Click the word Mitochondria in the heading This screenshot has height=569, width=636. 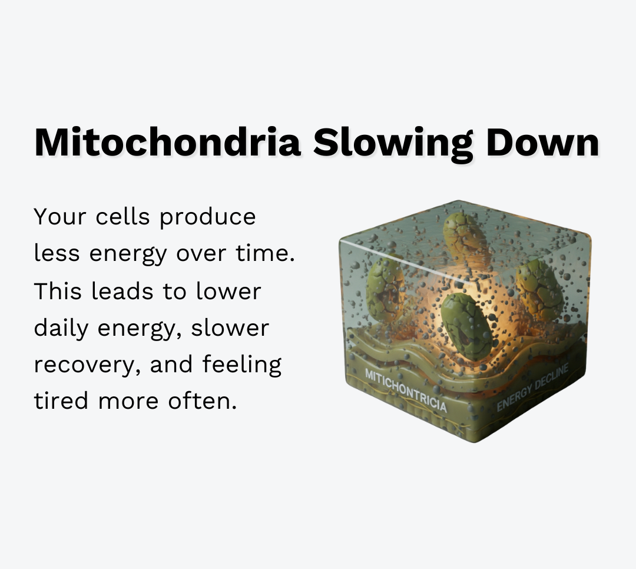(167, 141)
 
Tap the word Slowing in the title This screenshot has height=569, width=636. (393, 145)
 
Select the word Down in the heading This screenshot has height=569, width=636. (543, 141)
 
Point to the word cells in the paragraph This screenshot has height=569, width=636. (123, 216)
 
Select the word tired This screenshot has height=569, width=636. (61, 400)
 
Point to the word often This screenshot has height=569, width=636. (203, 400)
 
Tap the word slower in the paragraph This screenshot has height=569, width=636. (230, 328)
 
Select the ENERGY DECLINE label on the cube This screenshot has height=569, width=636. (532, 387)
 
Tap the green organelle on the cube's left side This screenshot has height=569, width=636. (385, 288)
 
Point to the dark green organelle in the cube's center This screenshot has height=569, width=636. (466, 327)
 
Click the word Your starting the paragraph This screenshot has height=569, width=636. (60, 216)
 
